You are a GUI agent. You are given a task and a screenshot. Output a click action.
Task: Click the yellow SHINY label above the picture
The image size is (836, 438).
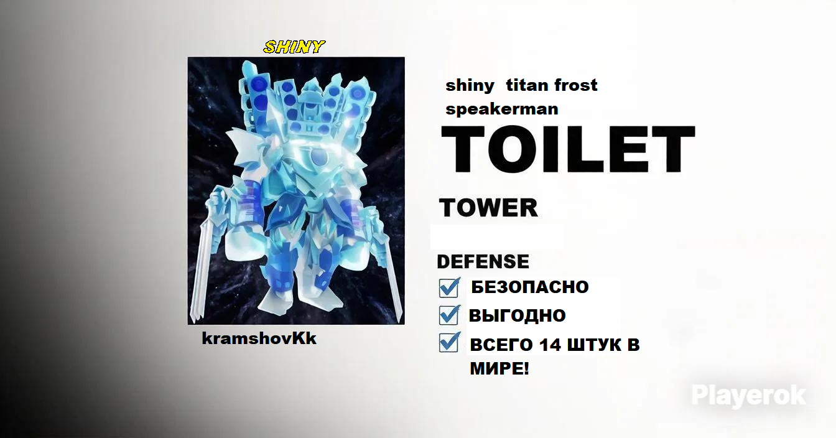294,47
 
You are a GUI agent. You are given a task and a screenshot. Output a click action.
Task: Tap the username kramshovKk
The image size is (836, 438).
259,338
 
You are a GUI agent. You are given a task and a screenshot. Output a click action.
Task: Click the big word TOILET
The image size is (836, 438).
568,149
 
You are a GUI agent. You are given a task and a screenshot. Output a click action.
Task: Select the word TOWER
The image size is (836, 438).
488,208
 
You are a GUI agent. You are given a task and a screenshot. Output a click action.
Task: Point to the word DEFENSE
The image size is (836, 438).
483,261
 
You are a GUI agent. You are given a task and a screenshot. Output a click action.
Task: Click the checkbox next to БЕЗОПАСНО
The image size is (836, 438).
449,287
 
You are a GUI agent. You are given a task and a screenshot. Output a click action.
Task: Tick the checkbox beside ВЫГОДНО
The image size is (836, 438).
449,315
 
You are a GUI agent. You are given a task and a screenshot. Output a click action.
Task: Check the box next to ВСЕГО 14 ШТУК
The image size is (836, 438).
449,342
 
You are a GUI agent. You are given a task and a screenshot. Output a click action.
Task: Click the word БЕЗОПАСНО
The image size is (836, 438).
530,287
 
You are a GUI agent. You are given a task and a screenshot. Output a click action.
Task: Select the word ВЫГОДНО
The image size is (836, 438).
518,315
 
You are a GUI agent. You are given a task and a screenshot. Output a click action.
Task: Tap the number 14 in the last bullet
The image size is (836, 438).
550,345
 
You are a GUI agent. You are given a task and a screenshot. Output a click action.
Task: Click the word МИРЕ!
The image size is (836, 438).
499,368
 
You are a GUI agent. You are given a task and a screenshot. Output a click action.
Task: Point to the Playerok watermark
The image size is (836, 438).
749,396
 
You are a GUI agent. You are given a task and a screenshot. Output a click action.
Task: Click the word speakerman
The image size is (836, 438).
502,109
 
